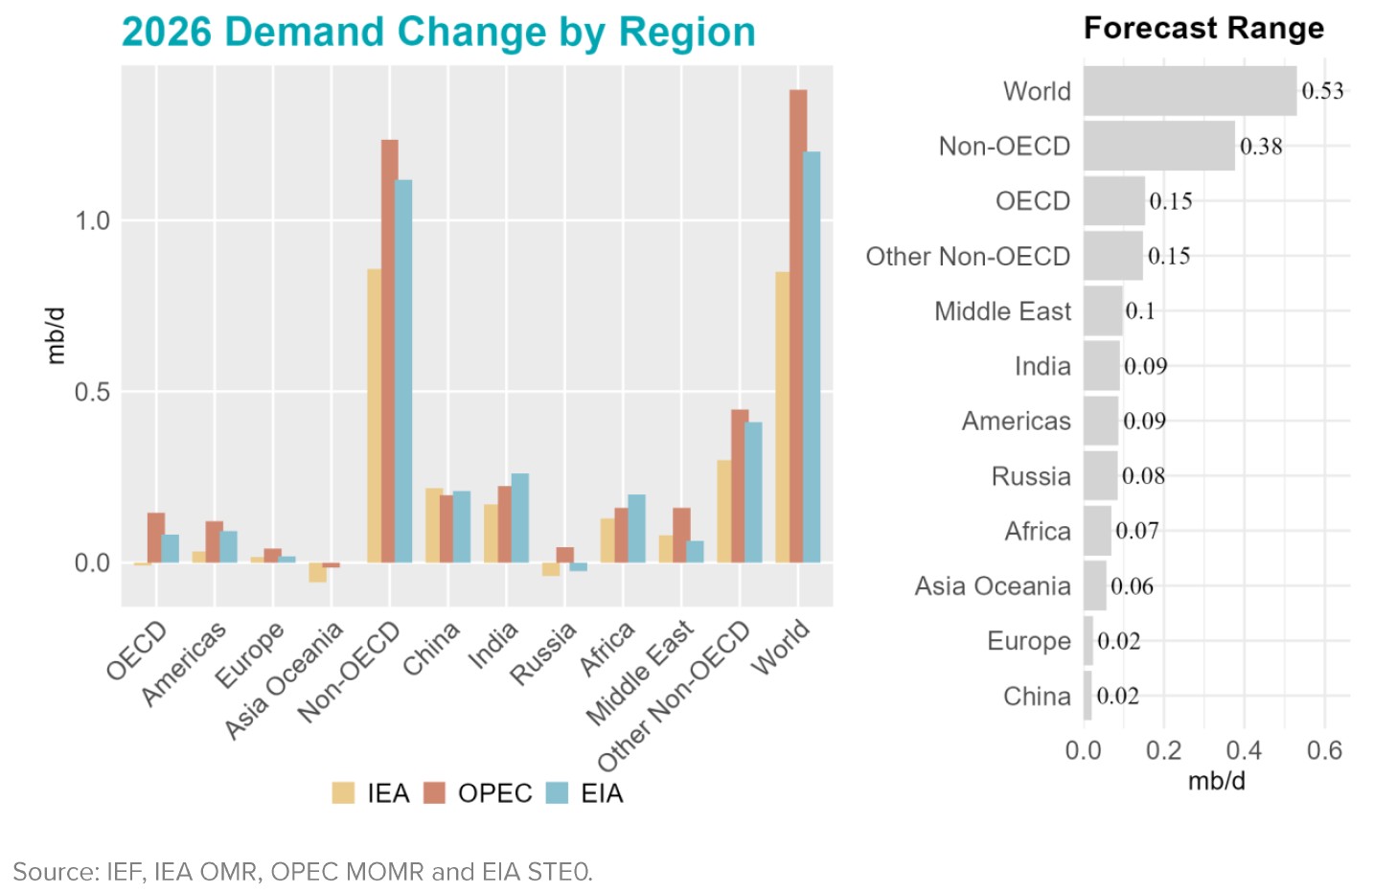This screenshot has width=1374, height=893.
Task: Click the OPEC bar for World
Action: pos(798,326)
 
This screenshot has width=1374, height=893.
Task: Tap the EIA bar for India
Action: pos(520,517)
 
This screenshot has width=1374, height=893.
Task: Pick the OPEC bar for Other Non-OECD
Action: pos(740,486)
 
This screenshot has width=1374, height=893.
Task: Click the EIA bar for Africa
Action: pos(636,528)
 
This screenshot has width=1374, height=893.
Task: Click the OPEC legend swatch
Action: pos(435,793)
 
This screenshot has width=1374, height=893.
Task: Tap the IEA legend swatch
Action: pos(343,793)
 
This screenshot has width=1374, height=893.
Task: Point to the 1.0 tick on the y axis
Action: pos(93,220)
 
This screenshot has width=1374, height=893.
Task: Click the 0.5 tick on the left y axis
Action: pos(93,392)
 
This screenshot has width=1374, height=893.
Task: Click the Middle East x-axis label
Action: pos(640,673)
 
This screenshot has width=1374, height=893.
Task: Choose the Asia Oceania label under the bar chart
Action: pos(284,680)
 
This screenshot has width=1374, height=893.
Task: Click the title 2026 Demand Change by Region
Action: pos(439,32)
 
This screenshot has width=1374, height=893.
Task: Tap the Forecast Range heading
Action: pos(1203,29)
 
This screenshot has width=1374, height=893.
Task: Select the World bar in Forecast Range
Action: pos(1189,91)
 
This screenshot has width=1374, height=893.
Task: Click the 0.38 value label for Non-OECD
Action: pos(1261,147)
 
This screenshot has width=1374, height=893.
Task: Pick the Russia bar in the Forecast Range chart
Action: pos(1100,476)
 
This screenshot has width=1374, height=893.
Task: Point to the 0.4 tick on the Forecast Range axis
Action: pos(1244,750)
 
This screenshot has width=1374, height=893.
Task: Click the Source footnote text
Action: pos(303,872)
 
